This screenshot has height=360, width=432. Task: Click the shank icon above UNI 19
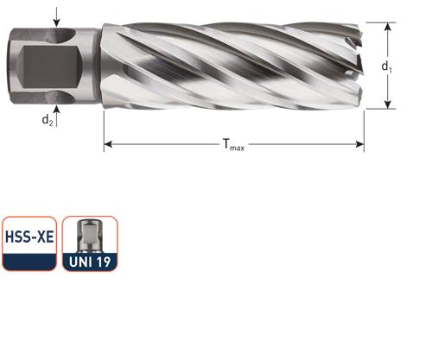tap(90, 233)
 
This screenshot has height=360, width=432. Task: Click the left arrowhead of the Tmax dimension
tap(107, 145)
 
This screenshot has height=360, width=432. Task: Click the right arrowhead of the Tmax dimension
tap(360, 145)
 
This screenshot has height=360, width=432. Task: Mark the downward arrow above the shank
tap(57, 21)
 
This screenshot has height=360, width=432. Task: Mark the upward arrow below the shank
tap(57, 109)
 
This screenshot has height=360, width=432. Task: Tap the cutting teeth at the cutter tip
tap(355, 65)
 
